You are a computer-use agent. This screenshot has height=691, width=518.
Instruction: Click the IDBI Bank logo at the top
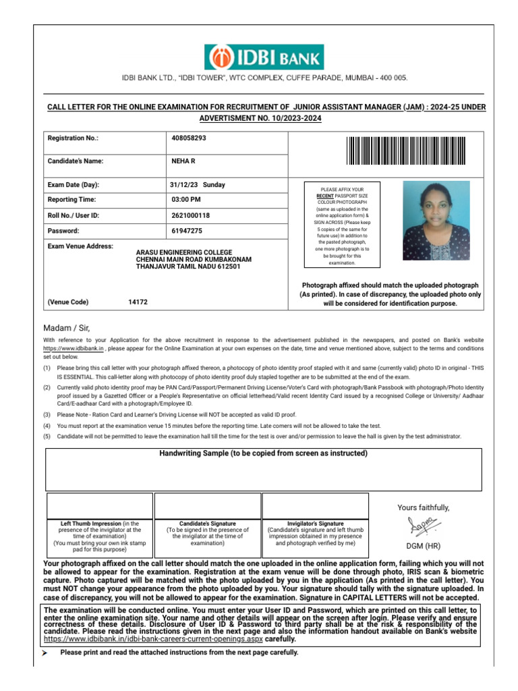point(264,57)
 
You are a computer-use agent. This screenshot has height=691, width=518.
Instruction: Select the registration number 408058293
point(189,138)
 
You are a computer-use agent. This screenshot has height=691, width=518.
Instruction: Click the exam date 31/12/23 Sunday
point(198,185)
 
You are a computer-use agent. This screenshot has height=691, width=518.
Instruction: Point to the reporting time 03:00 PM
point(186,200)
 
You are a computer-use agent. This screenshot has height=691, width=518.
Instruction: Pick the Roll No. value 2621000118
point(191,215)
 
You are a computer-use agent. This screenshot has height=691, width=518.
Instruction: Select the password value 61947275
point(187,231)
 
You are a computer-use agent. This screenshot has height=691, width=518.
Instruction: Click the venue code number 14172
point(138,302)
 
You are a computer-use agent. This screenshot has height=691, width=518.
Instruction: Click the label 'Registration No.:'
point(73,138)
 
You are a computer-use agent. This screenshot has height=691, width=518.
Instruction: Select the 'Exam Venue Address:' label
point(80,246)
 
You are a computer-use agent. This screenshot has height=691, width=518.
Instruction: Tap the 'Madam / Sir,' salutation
point(65,328)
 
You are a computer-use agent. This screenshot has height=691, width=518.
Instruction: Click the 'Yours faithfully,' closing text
point(424,507)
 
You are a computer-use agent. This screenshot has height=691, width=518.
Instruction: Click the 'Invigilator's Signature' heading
point(315,524)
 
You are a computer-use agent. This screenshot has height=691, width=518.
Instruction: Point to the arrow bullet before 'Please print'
point(45,653)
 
